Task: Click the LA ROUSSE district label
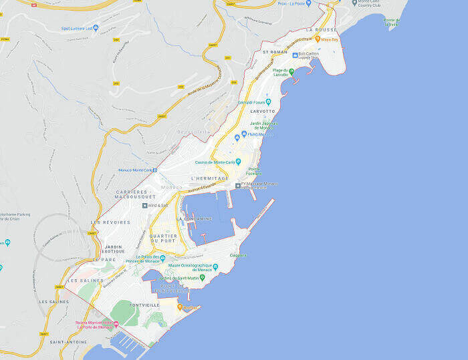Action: click(x=320, y=30)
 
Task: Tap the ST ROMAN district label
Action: click(x=274, y=51)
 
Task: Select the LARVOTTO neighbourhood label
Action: click(x=263, y=112)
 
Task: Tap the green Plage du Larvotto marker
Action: click(x=291, y=71)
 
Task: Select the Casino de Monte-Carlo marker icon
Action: click(x=238, y=162)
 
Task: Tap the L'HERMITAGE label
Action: click(x=209, y=178)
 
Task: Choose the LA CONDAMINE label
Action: click(x=194, y=218)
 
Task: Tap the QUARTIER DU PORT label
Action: click(x=163, y=238)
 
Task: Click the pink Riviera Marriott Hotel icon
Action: click(x=116, y=324)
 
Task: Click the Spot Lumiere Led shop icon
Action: click(x=96, y=28)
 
